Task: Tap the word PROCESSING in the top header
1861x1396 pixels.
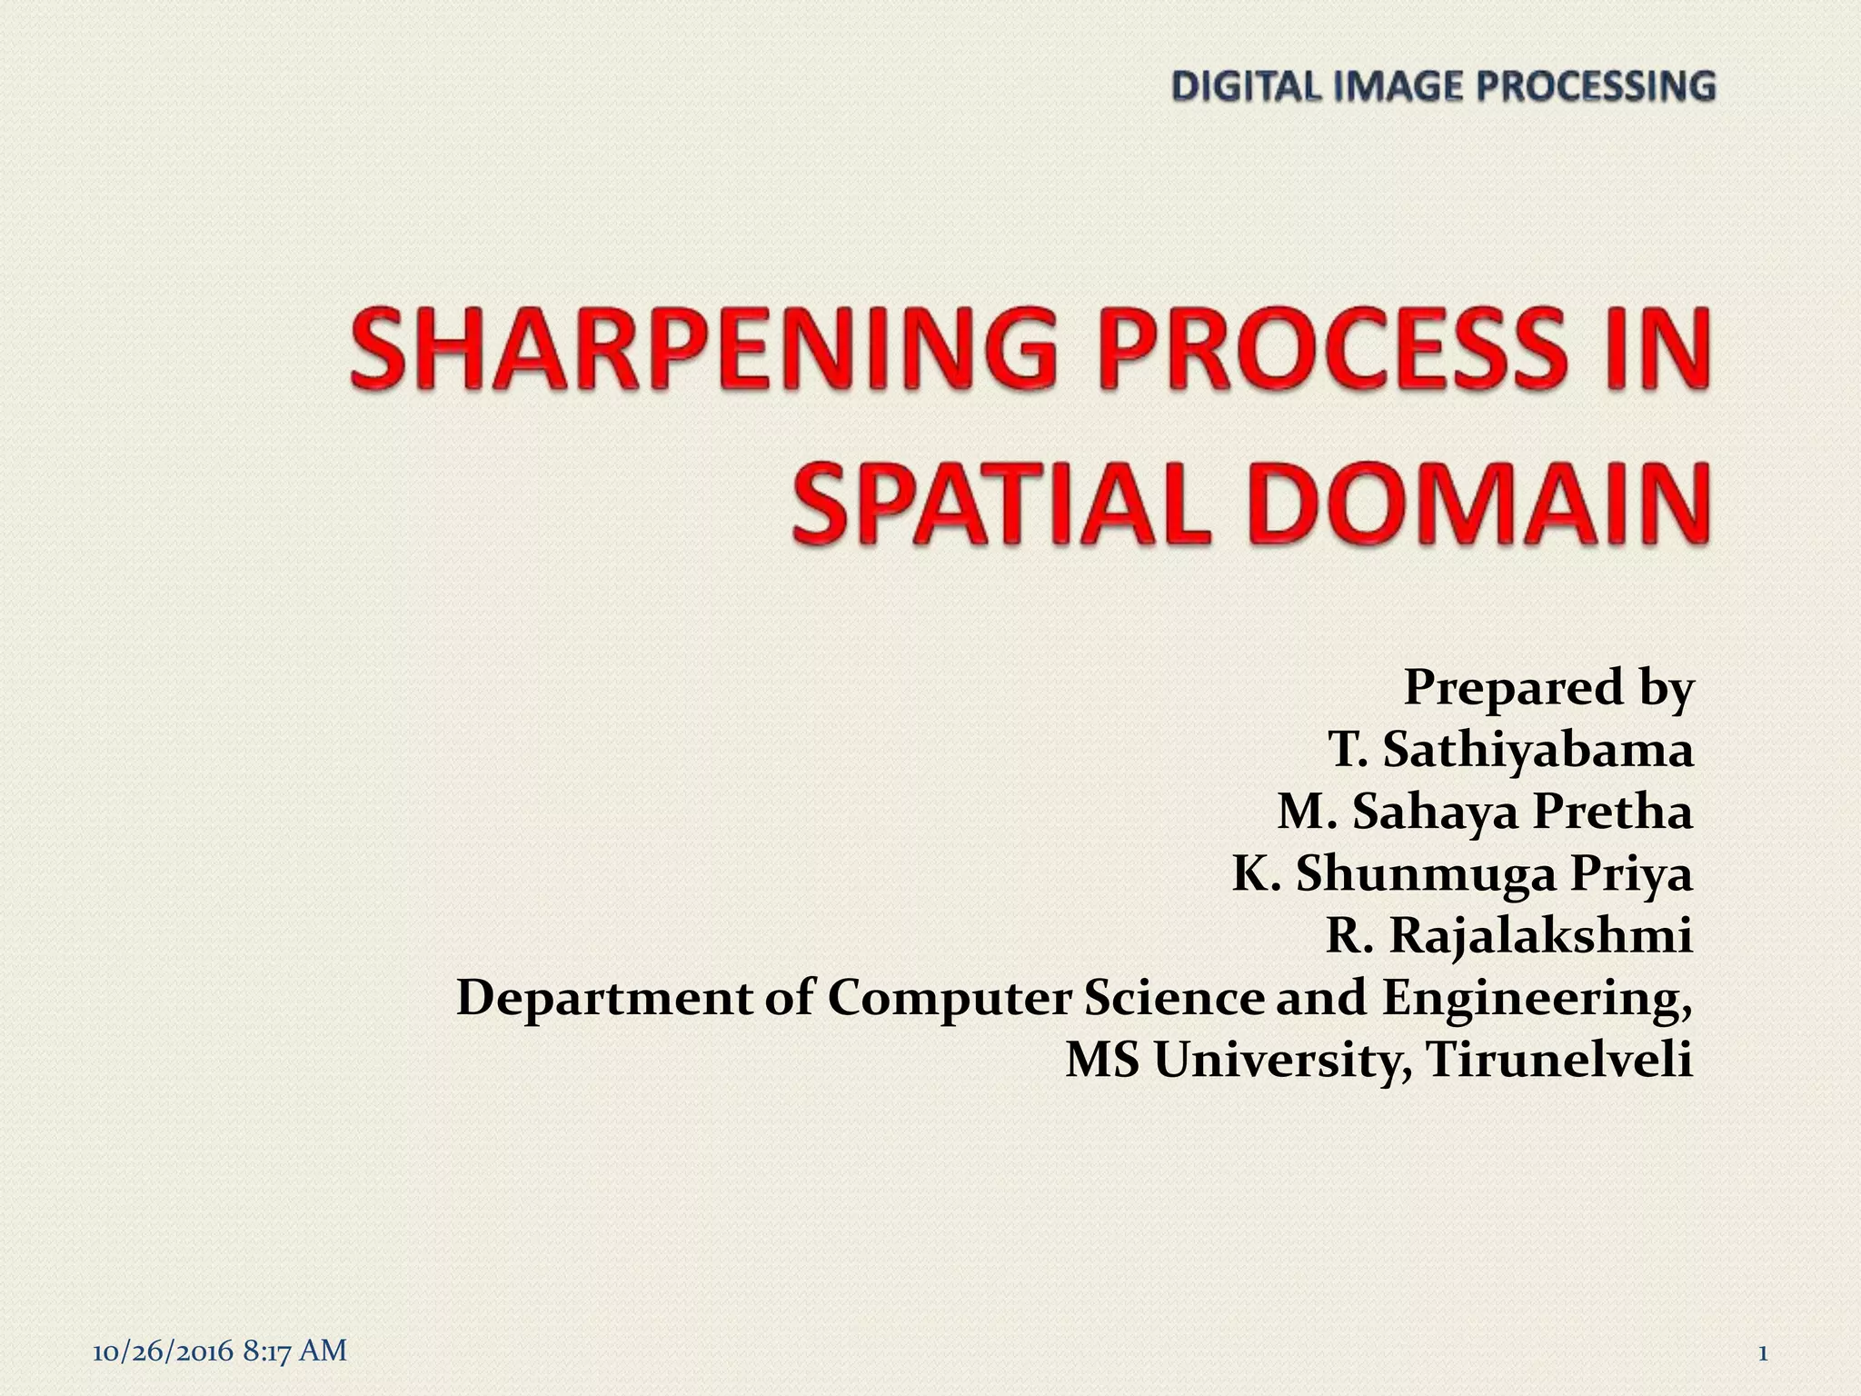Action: point(1595,87)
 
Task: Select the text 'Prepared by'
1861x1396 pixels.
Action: point(1548,687)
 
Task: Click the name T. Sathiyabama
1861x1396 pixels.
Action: point(1510,750)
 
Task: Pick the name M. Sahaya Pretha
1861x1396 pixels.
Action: point(1485,812)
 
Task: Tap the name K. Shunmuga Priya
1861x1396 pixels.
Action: point(1462,874)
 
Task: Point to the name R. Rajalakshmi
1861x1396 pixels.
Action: point(1509,936)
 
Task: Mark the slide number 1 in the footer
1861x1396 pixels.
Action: point(1763,1353)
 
